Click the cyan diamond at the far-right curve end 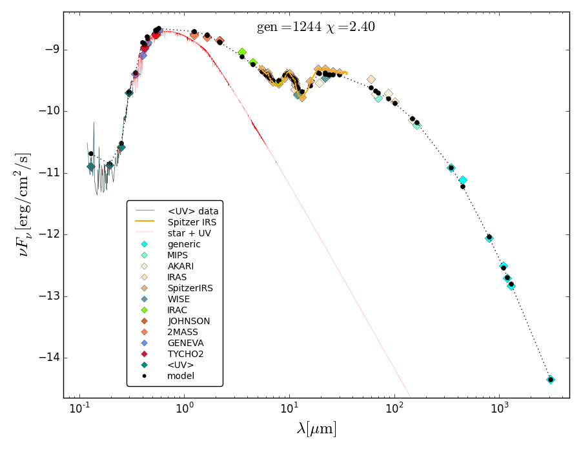click(x=551, y=380)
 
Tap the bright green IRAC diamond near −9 click(x=242, y=52)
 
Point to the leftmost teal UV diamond click(x=91, y=167)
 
